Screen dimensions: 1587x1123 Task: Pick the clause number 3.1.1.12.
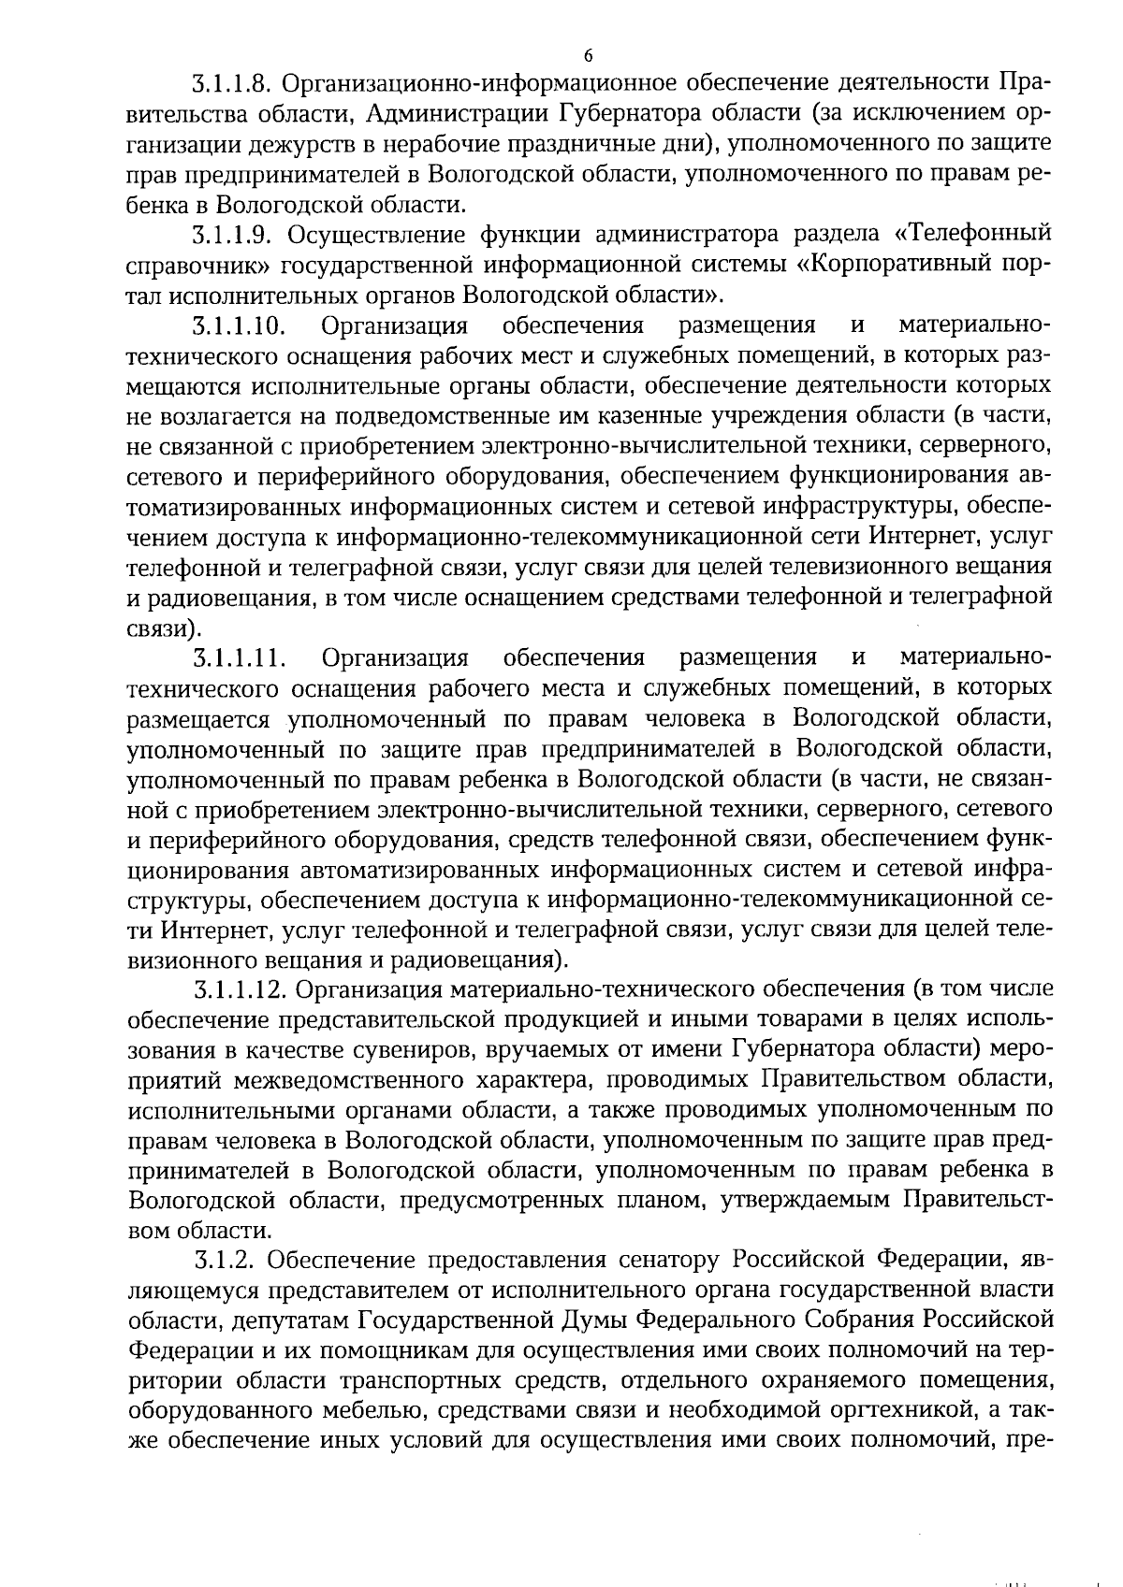(x=238, y=989)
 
